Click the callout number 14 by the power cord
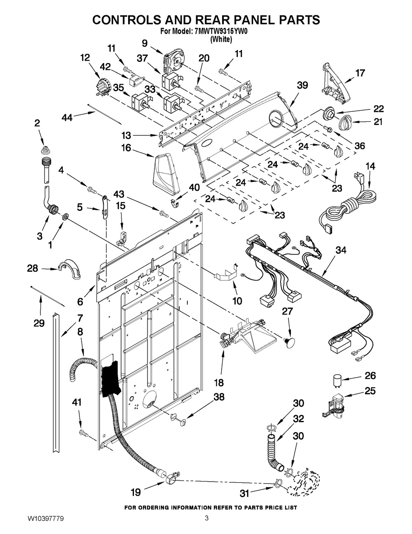point(370,166)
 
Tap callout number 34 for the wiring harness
point(341,250)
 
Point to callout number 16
point(126,148)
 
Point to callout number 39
point(302,85)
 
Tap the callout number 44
point(67,118)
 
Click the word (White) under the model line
point(221,40)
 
